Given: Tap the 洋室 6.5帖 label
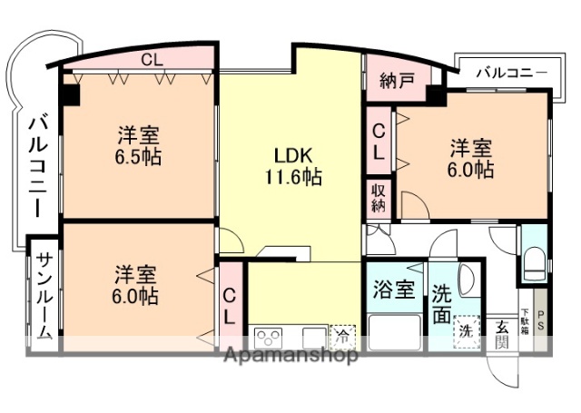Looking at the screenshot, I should point(139,145).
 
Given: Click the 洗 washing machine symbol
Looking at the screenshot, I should point(465,329).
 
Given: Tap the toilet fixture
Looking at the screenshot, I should point(533,265).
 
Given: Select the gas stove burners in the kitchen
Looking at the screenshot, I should point(271,337).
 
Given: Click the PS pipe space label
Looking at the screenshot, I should point(542,321).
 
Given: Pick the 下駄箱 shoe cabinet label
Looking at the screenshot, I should point(525,322).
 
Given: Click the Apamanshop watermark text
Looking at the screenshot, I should point(290,355).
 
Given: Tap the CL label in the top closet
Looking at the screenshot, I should point(152,60).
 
